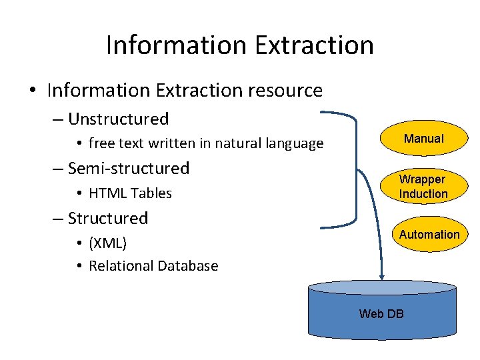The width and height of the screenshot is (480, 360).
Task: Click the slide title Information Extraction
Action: tap(239, 45)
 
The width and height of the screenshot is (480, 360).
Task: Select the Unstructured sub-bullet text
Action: tap(118, 119)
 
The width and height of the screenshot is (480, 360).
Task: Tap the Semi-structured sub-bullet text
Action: tap(129, 168)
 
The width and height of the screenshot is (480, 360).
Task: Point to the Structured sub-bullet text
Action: tap(108, 218)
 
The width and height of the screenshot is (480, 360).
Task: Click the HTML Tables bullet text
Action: tap(130, 193)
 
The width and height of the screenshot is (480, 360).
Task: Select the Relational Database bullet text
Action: tap(153, 265)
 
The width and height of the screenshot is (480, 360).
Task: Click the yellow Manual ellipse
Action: tap(423, 139)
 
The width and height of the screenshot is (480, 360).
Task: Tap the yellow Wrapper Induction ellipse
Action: tap(423, 187)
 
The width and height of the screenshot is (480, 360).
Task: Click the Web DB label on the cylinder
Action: tap(381, 313)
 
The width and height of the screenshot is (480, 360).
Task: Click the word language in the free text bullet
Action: tap(296, 143)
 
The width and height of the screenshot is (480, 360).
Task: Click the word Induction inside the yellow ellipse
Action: tap(423, 194)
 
